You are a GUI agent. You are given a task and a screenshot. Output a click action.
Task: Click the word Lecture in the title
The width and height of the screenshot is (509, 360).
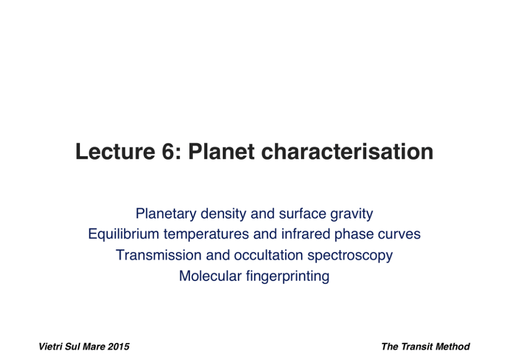pos(115,151)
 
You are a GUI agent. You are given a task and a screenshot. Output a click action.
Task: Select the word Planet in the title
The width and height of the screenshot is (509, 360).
pos(221,151)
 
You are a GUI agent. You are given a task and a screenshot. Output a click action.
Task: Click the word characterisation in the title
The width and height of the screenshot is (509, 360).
pos(347,151)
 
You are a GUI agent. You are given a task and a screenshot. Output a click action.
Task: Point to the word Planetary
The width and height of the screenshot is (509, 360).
pos(166,214)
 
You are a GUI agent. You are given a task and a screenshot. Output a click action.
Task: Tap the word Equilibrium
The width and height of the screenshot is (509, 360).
pos(123,234)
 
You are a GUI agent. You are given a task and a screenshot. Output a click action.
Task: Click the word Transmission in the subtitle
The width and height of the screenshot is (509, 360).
pos(159,255)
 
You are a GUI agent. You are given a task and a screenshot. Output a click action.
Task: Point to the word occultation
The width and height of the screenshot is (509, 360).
pos(268,255)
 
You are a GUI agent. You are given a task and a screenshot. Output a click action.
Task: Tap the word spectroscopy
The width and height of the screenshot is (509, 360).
pos(350,256)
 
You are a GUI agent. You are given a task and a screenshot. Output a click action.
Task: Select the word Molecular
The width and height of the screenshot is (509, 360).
pos(210,276)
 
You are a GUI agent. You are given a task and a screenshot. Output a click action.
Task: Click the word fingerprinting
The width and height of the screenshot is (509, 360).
pos(288,276)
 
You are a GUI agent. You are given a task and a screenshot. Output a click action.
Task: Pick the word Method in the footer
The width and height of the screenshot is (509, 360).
pos(453,347)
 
